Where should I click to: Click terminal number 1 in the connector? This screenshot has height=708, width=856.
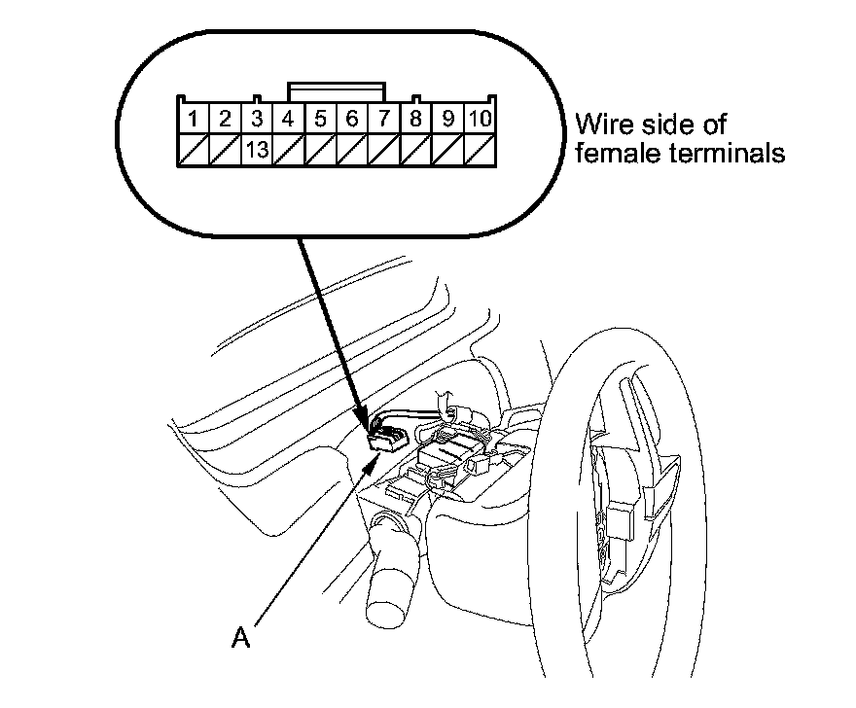point(196,120)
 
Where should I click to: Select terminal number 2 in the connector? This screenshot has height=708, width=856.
point(225,120)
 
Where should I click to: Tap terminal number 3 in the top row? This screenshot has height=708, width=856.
point(257,120)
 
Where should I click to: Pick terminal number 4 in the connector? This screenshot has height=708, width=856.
point(289,120)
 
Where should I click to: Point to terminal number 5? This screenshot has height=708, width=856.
point(321,120)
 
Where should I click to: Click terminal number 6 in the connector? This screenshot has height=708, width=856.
point(352,120)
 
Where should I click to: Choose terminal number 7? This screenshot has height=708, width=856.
point(384,120)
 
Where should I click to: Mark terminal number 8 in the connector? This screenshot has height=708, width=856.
point(416,120)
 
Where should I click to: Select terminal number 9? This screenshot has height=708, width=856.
point(447,120)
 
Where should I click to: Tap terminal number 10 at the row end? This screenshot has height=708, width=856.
point(479,120)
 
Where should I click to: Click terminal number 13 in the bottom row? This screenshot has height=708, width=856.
point(257,150)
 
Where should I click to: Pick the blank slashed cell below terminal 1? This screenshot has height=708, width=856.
point(196,150)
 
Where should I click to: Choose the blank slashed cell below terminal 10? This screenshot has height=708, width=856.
point(479,150)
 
